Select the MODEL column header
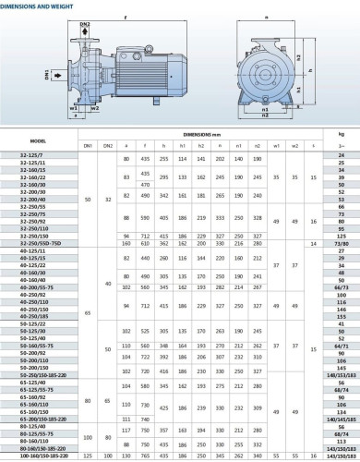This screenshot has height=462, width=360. (38, 140)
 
